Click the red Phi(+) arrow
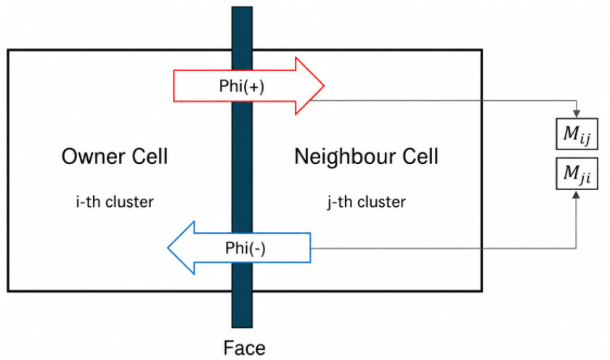248,86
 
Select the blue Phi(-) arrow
239,247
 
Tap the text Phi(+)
242,86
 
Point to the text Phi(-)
245,248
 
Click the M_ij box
577,134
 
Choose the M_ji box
577,173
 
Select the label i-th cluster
115,202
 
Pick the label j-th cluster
367,202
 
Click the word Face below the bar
244,348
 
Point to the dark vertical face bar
242,167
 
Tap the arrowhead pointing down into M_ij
577,113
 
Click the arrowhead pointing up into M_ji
577,194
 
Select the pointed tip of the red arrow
324,86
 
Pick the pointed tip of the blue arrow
168,247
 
